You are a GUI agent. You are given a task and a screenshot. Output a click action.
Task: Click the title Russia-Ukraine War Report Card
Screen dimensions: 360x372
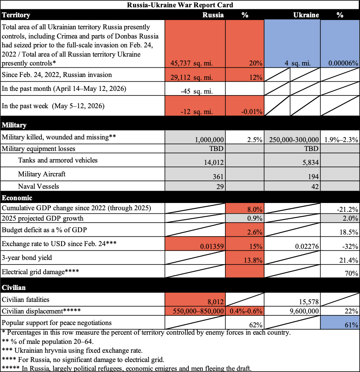coord(180,5)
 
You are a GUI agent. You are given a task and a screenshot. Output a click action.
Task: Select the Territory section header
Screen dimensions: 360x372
coord(16,15)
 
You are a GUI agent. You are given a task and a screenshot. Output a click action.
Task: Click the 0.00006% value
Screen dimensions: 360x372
coord(343,63)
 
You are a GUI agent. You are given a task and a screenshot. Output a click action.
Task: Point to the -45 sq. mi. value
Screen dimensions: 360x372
coord(197,91)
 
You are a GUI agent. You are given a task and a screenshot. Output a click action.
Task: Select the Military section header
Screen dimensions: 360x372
coord(14,125)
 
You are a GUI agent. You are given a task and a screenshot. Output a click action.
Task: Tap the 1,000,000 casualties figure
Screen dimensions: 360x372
coord(209,140)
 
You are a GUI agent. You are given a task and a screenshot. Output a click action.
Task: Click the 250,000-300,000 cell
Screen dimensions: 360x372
coord(294,140)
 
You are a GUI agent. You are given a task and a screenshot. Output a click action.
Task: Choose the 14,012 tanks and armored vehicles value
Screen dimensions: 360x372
coord(214,162)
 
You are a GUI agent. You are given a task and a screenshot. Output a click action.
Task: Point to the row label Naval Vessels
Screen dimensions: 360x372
coord(38,186)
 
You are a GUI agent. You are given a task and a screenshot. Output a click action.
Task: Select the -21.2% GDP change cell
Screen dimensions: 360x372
coord(347,209)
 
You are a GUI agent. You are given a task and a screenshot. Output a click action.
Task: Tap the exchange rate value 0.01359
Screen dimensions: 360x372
coord(212,246)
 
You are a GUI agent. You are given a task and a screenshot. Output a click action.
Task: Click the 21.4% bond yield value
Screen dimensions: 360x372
coord(348,260)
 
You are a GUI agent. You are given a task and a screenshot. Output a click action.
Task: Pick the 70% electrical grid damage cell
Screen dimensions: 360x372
coord(352,273)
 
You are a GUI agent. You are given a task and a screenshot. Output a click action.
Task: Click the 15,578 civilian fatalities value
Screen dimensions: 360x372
coord(309,302)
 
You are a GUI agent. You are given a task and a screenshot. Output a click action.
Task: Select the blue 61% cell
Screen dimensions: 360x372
coord(340,322)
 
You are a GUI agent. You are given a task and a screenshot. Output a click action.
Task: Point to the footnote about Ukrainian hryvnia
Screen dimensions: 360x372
coord(72,350)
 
